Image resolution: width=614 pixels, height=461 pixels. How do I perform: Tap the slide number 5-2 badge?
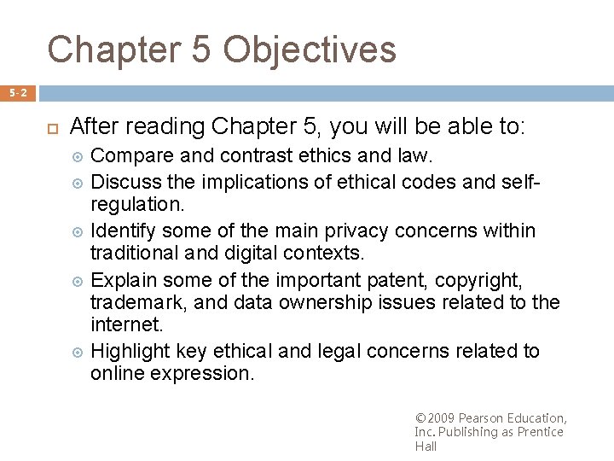(x=17, y=92)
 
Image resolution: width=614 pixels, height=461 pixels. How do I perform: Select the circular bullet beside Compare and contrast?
(x=78, y=157)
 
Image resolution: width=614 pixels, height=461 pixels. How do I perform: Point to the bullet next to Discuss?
(x=78, y=182)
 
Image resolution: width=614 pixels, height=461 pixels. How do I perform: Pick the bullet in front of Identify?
(x=78, y=231)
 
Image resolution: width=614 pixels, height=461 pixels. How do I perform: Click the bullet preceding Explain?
(x=78, y=281)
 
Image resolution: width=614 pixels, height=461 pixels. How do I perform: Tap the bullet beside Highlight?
(x=78, y=352)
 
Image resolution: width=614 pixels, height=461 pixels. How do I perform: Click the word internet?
(x=125, y=325)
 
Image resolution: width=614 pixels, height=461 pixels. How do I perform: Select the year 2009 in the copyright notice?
(x=440, y=418)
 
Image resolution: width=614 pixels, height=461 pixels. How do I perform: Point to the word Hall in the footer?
(x=426, y=446)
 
